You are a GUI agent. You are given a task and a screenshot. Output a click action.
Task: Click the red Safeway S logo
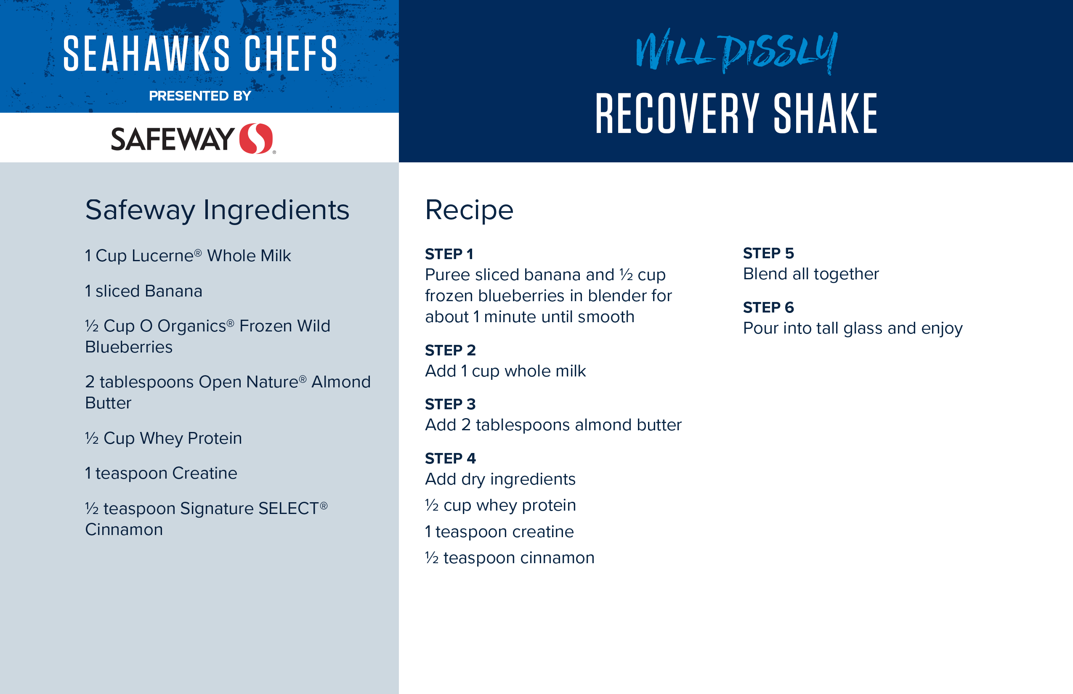[x=256, y=138]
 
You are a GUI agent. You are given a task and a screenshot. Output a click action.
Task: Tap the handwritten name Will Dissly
[x=737, y=51]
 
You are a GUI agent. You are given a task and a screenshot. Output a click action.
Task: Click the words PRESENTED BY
[x=200, y=96]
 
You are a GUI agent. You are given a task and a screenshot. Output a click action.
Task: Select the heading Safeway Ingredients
[x=217, y=210]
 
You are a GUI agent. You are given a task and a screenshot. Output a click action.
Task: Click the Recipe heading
[x=469, y=210]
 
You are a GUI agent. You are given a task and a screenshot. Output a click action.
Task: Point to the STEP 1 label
[x=449, y=254]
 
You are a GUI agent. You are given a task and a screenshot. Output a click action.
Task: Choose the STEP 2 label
[x=450, y=350]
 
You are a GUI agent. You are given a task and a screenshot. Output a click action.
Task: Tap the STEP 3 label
[x=450, y=404]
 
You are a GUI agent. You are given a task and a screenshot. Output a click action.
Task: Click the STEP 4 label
[x=450, y=458]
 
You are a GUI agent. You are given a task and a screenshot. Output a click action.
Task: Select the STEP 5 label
[x=768, y=253]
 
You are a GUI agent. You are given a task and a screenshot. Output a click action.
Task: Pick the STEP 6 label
[x=768, y=307]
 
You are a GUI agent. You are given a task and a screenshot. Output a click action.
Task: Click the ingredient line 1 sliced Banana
[x=144, y=291]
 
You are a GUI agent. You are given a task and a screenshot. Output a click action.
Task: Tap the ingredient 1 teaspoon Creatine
[x=161, y=473]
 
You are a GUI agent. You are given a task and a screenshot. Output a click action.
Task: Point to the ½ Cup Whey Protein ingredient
[x=164, y=438]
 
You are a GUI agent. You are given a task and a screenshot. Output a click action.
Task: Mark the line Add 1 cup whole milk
[x=505, y=371]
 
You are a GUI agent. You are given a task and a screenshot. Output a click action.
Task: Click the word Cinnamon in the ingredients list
[x=124, y=530]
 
